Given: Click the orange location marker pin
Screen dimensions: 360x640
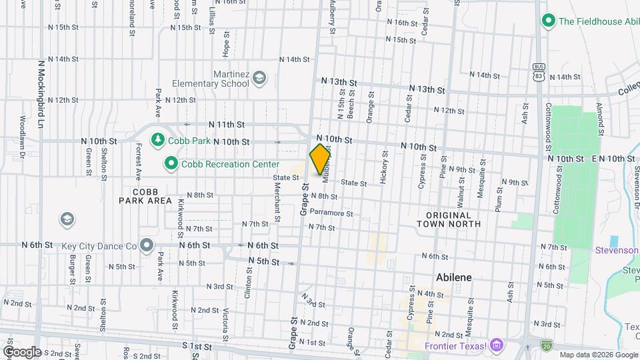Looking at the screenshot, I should coord(320,159).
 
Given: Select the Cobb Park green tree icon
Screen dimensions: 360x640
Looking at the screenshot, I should coord(158,140).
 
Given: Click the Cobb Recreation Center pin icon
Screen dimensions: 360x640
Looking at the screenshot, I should coord(171,163).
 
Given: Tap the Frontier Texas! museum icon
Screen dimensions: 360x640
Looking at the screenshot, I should coord(495,345).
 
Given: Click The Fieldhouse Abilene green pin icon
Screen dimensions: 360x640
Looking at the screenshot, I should coord(549,21).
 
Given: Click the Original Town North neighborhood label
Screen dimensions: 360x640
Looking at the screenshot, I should coord(453,219).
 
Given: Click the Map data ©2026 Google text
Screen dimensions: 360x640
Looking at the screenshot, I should coord(597,355).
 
